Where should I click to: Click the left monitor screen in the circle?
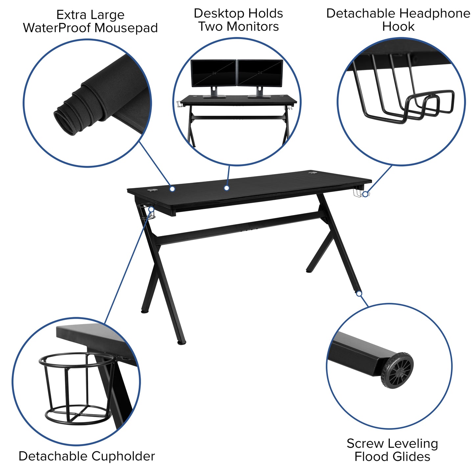(x=213, y=73)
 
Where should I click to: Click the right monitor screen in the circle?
(x=260, y=73)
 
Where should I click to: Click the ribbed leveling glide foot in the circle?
(x=398, y=370)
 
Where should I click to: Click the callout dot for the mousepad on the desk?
(x=172, y=189)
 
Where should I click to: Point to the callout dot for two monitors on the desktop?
(x=226, y=188)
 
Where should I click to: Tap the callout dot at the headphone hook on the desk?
(x=365, y=194)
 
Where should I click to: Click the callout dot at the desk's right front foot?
(x=359, y=294)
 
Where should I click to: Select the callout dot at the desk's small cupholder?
(x=151, y=209)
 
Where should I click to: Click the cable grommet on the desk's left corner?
(x=151, y=190)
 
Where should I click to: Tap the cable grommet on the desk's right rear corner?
(x=312, y=172)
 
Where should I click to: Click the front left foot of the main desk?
(x=181, y=343)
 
